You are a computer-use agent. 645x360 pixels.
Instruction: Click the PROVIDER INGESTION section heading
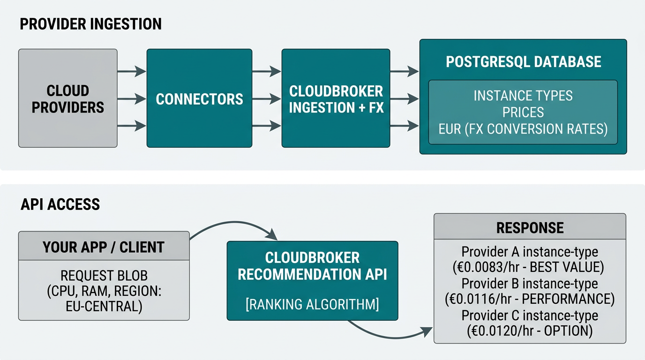click(90, 24)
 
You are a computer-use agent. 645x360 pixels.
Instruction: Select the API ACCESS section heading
click(60, 204)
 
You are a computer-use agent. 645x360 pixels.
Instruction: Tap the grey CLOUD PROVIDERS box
click(67, 98)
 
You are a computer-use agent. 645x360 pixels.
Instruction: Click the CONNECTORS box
click(199, 99)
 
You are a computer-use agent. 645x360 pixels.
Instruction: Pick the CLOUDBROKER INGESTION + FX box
click(336, 99)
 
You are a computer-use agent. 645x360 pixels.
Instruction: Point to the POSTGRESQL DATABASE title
click(523, 62)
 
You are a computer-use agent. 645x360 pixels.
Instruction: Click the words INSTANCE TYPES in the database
click(523, 96)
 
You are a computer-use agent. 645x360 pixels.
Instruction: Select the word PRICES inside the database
click(523, 112)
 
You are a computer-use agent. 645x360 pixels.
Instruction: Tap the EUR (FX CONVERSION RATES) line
click(523, 129)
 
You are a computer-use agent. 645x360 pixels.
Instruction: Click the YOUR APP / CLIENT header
click(104, 247)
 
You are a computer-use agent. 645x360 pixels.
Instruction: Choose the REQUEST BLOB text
click(104, 275)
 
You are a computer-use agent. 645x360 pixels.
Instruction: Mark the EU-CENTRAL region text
click(104, 307)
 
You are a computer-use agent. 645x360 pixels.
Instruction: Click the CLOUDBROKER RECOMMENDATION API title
click(312, 266)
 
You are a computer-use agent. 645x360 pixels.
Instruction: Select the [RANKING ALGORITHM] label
click(312, 304)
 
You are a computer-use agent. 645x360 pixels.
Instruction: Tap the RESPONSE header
click(530, 227)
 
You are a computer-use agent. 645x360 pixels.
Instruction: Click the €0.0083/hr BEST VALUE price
click(530, 268)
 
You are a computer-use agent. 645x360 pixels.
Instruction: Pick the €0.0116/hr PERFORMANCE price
click(530, 299)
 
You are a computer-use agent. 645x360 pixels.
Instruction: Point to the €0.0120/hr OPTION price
click(530, 331)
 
